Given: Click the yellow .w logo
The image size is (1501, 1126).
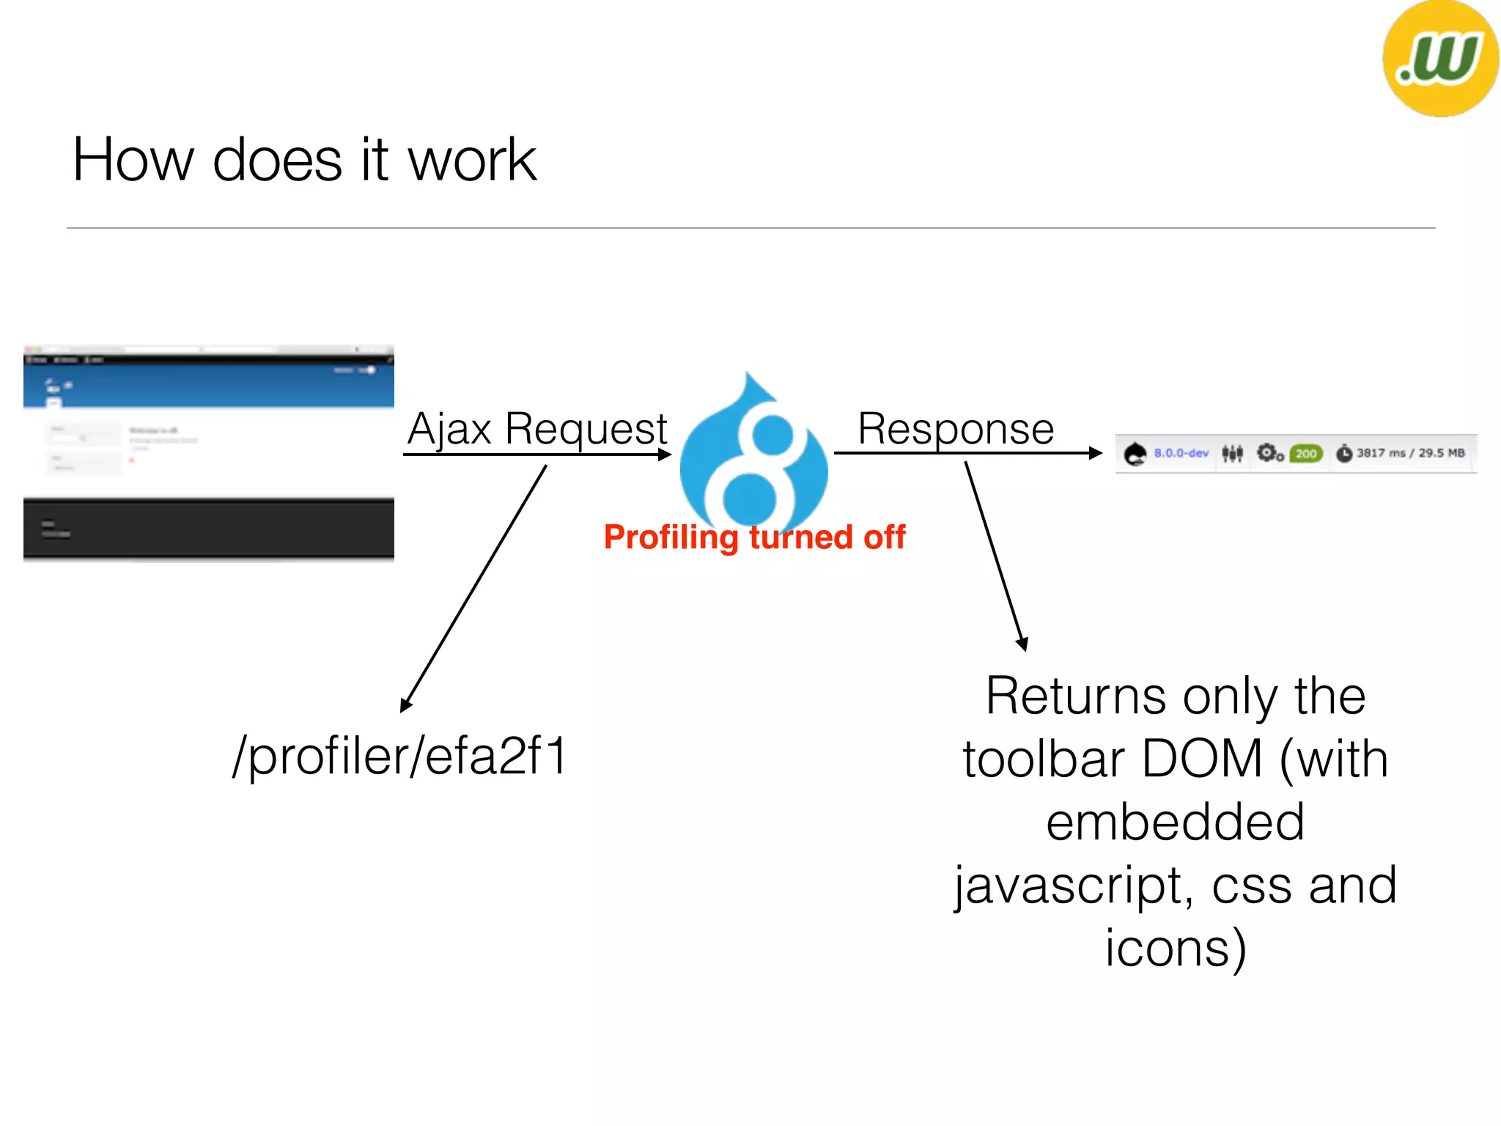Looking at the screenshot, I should (1439, 59).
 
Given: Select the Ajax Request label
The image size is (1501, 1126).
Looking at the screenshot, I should (537, 429).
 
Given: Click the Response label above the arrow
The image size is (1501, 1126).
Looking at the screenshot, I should (956, 429).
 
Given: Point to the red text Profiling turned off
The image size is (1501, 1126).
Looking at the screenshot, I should (754, 537).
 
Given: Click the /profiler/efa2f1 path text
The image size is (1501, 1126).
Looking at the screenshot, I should (400, 757).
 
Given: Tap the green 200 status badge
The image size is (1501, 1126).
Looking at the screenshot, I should (1306, 454).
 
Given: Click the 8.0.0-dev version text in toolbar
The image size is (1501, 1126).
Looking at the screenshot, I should (1181, 453).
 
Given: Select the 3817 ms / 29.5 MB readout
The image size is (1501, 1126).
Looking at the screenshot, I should (1409, 453).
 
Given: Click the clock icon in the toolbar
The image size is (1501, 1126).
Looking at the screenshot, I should (1343, 454).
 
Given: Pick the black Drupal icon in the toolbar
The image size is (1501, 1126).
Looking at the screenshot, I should (1135, 454).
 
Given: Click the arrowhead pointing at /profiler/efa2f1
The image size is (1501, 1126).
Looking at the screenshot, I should (405, 705).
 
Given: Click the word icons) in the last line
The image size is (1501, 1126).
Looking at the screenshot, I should (1175, 949).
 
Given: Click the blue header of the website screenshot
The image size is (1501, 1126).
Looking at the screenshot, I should (209, 385).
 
